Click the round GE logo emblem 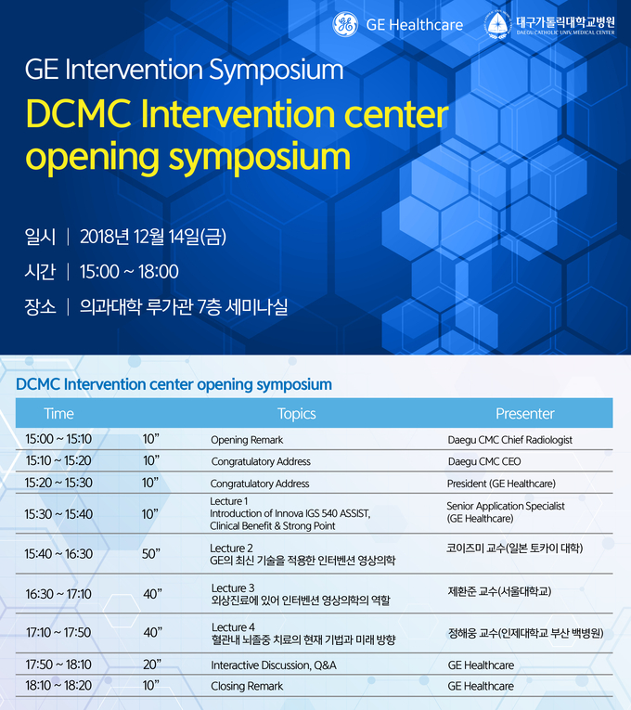(345, 24)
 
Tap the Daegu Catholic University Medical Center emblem (497, 25)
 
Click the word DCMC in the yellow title (79, 113)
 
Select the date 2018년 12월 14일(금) (153, 237)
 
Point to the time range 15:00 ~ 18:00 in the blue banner (129, 272)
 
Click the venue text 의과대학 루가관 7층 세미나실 (184, 307)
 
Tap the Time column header (58, 413)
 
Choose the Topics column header (297, 414)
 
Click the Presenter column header (525, 413)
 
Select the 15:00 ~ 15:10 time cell (58, 439)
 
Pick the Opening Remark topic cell (247, 440)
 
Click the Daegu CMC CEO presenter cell (484, 461)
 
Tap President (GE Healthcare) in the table (501, 484)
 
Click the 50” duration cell (151, 554)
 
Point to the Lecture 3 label (233, 587)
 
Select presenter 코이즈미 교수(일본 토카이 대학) (515, 548)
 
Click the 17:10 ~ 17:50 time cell (58, 632)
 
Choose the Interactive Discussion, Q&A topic (274, 665)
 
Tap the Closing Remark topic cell (247, 686)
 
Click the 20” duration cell (152, 665)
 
